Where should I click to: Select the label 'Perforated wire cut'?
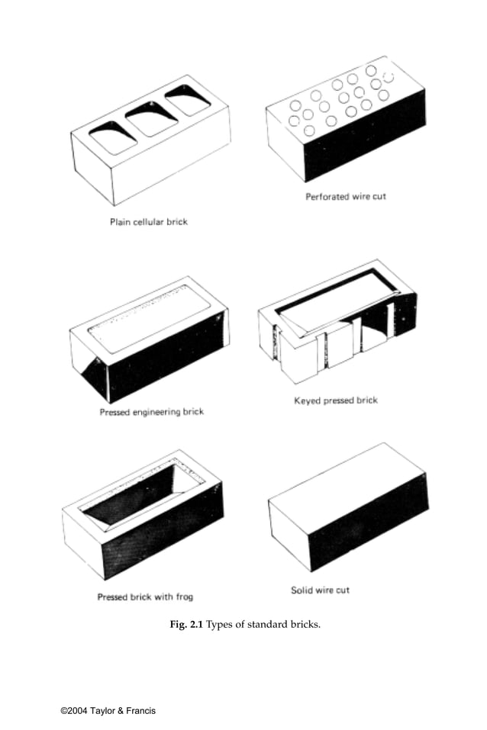pyautogui.click(x=346, y=196)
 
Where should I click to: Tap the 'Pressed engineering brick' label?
pyautogui.click(x=151, y=412)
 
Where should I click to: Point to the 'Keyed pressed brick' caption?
pyautogui.click(x=336, y=400)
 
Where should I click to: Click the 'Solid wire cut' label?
pyautogui.click(x=320, y=590)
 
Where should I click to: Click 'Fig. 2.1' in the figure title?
pyautogui.click(x=186, y=625)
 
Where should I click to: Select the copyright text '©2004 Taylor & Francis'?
pyautogui.click(x=108, y=711)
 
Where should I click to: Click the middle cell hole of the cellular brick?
pyautogui.click(x=151, y=120)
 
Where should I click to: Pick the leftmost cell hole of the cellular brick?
pyautogui.click(x=112, y=139)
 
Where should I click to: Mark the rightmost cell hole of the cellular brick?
pyautogui.click(x=188, y=100)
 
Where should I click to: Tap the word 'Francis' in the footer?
pyautogui.click(x=140, y=711)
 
